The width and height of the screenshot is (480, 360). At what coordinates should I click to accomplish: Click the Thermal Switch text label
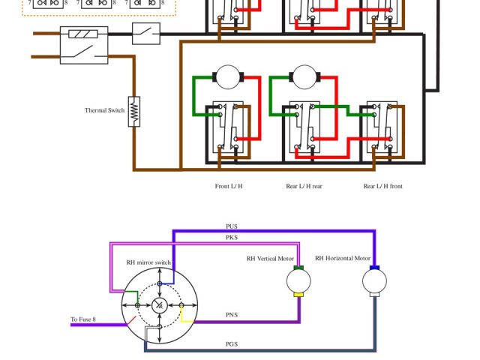[104, 111]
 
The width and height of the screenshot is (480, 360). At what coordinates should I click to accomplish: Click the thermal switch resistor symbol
[134, 111]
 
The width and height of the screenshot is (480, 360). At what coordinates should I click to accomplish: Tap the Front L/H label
[229, 186]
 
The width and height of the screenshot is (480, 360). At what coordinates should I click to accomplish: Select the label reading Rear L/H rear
[304, 186]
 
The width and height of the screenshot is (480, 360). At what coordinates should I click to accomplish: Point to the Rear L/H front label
[382, 186]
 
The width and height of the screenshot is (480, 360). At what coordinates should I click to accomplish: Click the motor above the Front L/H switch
[226, 76]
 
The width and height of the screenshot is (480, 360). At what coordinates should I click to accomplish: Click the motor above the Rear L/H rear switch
[304, 76]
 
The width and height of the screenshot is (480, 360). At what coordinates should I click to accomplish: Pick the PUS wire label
[232, 226]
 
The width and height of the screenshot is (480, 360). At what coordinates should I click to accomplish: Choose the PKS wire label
[232, 238]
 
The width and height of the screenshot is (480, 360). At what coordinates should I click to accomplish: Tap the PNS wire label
[232, 315]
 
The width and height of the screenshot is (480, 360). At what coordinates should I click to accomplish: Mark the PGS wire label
[232, 344]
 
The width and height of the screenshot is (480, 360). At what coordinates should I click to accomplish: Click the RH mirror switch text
[148, 262]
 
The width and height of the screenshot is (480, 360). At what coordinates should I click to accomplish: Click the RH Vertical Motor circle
[299, 281]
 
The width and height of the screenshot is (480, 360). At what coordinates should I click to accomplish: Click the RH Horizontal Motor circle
[374, 281]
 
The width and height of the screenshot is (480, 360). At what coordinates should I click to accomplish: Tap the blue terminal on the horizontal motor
[374, 268]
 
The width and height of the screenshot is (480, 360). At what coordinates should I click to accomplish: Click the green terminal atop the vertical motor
[298, 268]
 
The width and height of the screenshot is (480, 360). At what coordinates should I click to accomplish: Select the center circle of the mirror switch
[160, 305]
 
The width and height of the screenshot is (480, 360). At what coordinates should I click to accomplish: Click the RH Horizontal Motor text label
[343, 259]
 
